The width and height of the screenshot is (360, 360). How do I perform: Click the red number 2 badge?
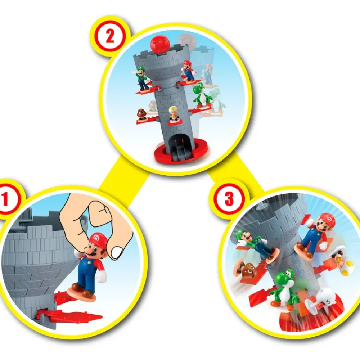(110, 37)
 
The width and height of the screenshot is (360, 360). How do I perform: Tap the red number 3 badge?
(229, 199)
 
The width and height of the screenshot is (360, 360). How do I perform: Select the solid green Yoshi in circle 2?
(201, 95)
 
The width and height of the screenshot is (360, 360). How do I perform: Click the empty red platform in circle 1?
(69, 315)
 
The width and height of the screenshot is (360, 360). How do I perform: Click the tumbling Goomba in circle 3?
(244, 269)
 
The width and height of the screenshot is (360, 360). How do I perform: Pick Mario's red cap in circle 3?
(327, 219)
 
